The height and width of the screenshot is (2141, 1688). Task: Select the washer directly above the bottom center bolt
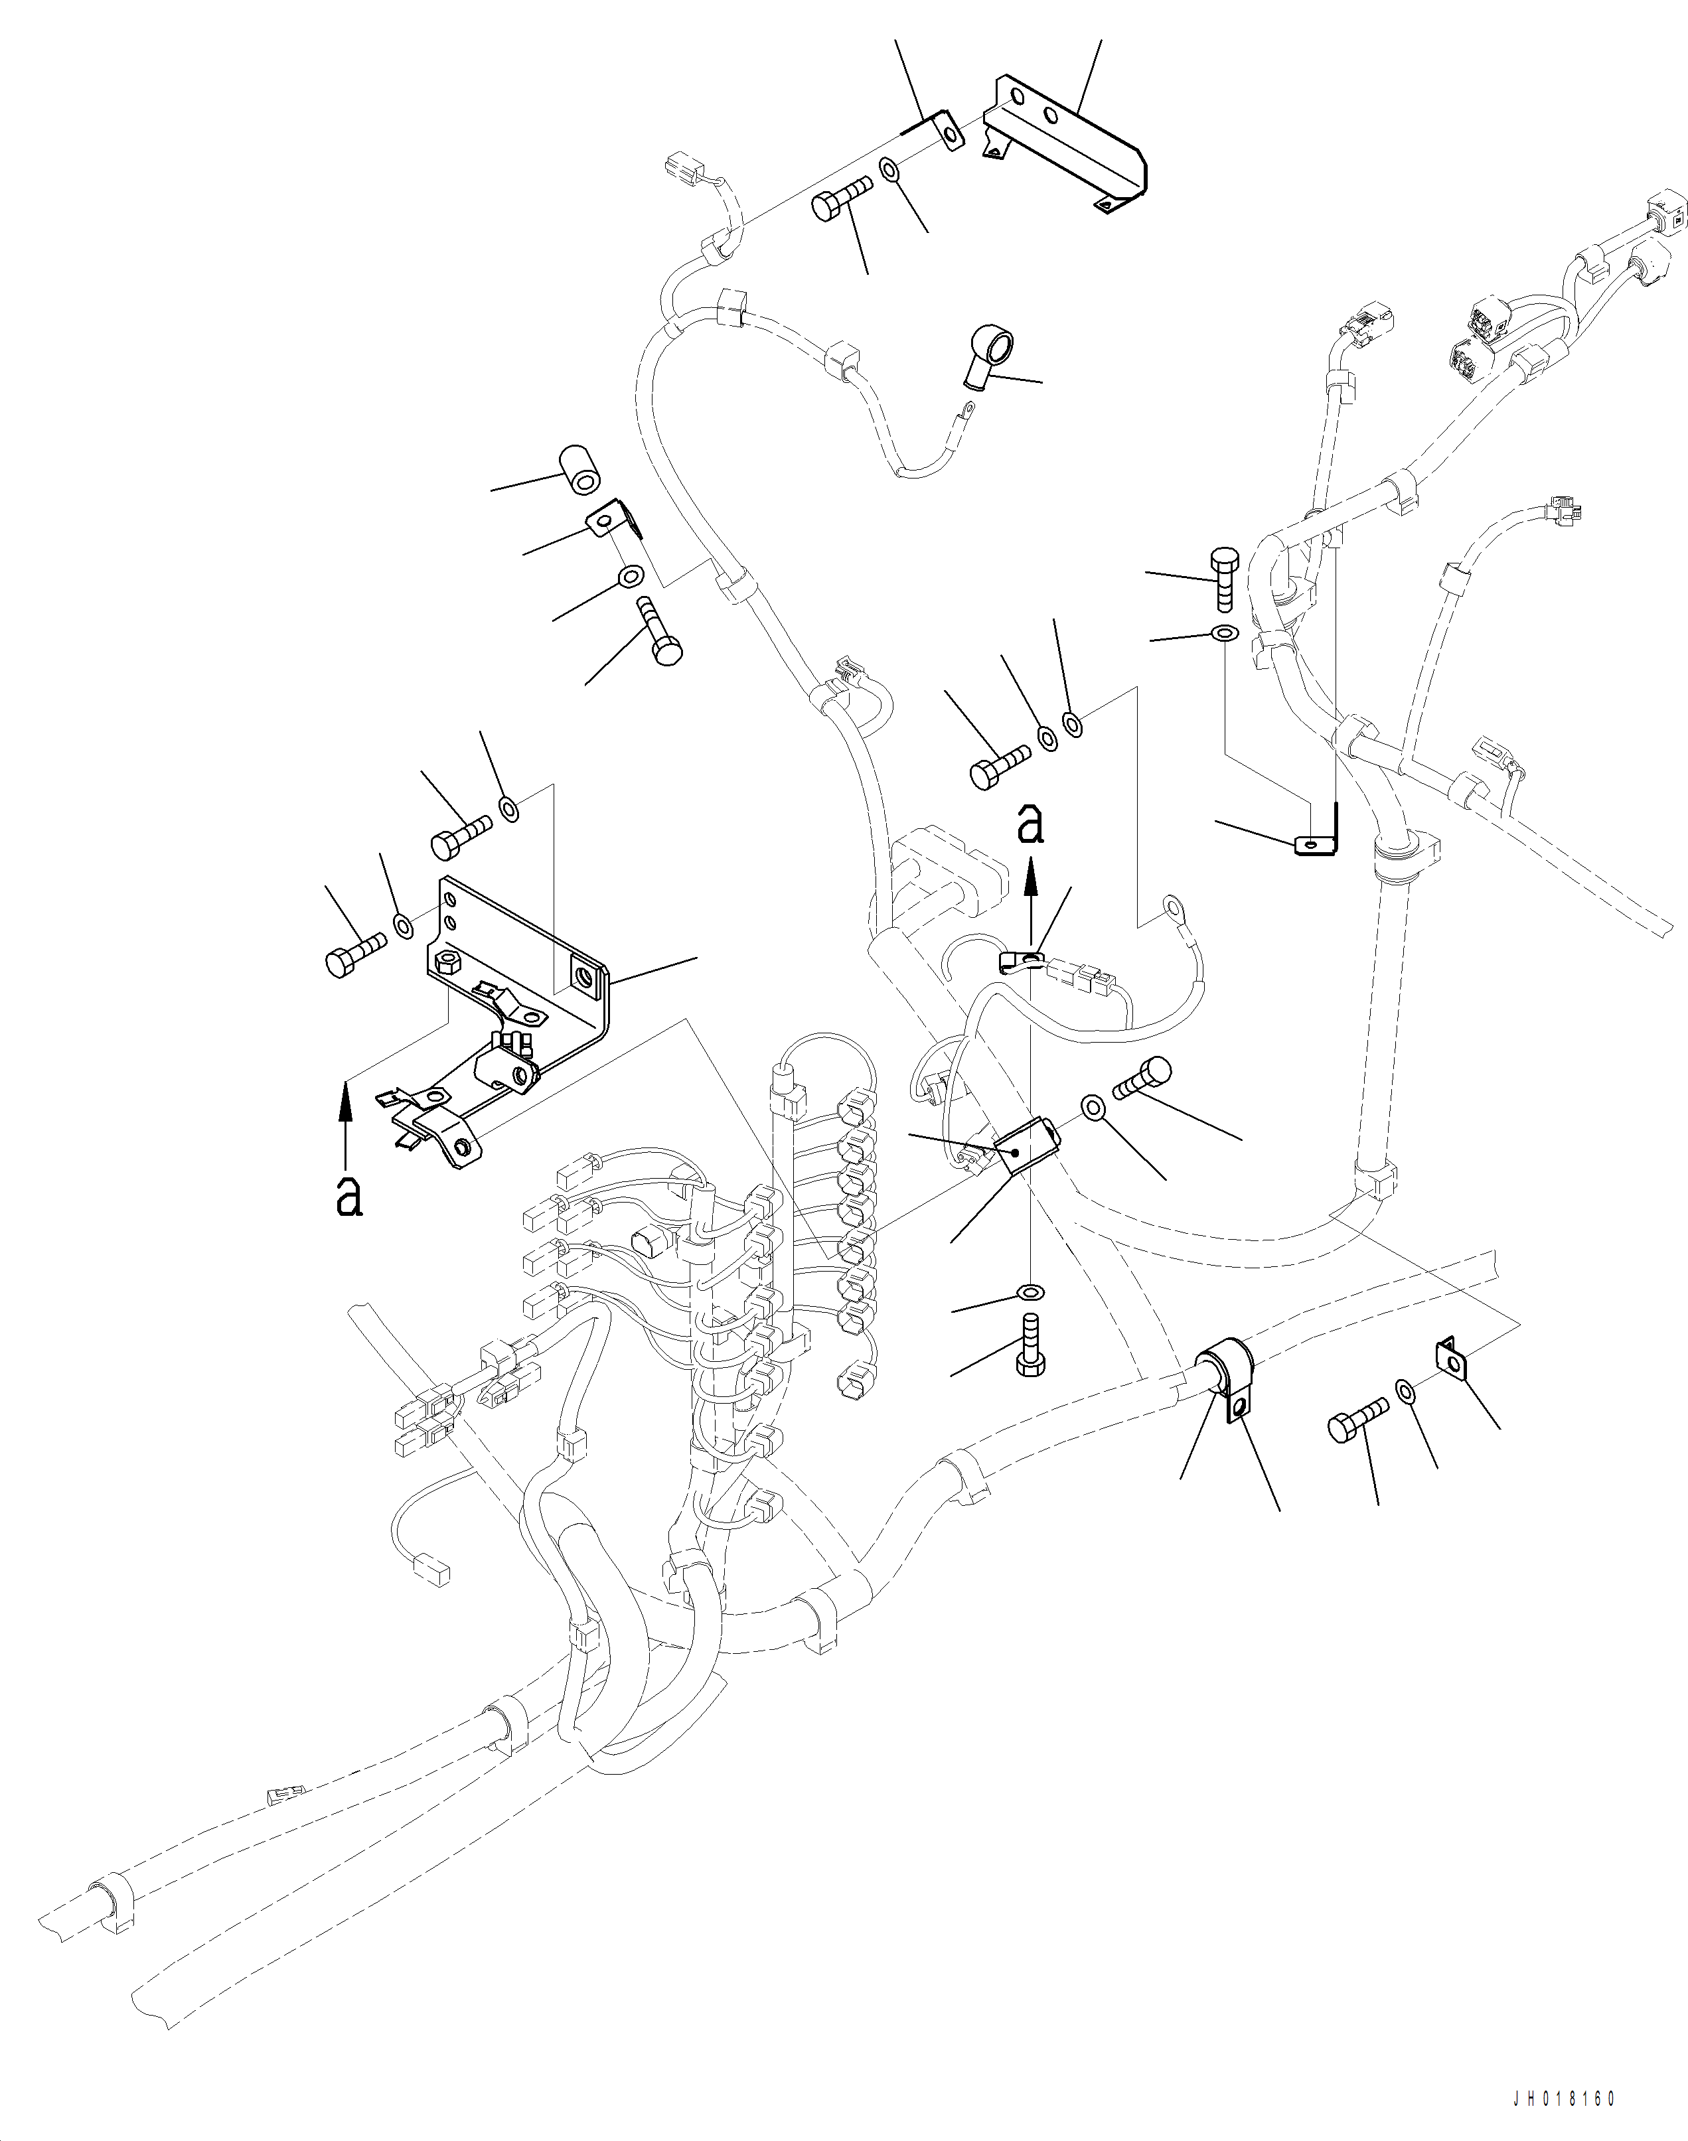pyautogui.click(x=1029, y=1292)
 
